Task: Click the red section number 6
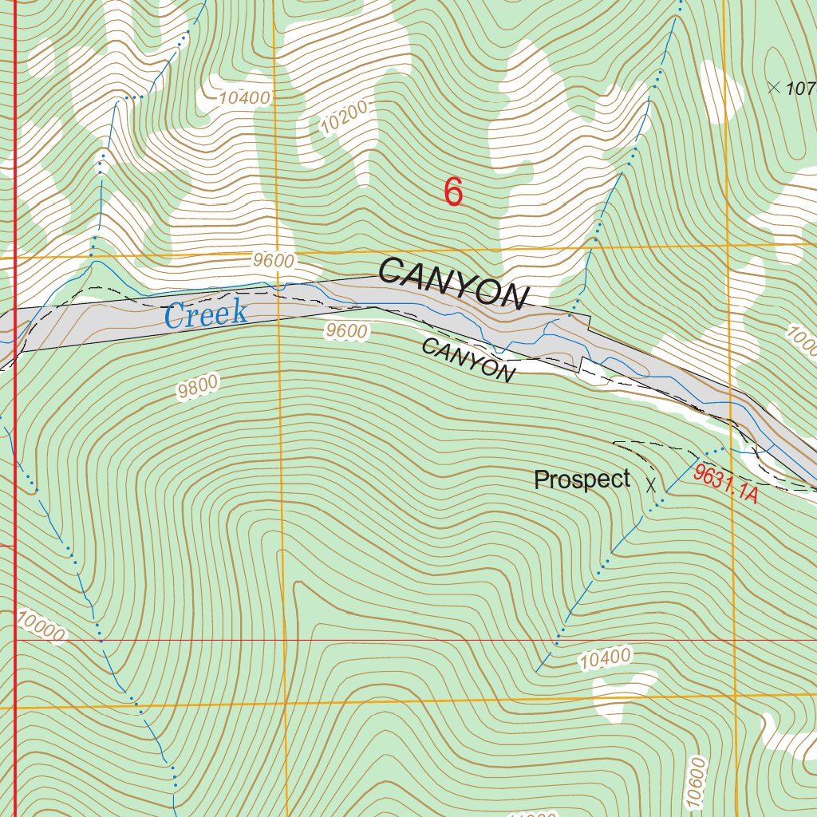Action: coord(453,192)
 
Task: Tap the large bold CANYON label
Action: coord(453,282)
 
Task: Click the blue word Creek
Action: coord(206,314)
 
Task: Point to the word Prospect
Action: coord(582,480)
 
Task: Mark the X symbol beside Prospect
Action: coord(651,483)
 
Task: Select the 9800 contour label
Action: coord(198,388)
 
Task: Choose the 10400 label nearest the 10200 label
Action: coord(245,98)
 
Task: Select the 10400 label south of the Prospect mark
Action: coord(606,658)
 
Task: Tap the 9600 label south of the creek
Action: coord(347,331)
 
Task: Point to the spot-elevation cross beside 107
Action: coord(773,88)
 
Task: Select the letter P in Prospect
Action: coord(541,480)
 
